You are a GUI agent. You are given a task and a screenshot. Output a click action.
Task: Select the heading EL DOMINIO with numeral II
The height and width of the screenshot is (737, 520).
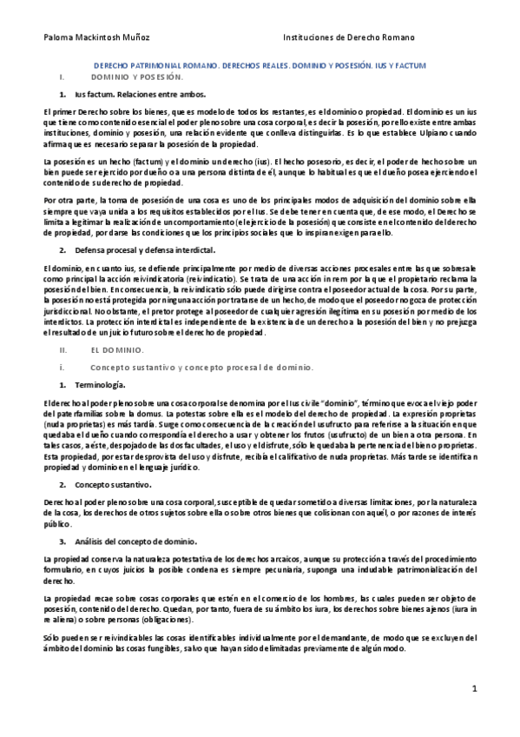[x=117, y=349]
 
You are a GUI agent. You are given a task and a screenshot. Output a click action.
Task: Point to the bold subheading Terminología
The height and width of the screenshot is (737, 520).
[x=101, y=384]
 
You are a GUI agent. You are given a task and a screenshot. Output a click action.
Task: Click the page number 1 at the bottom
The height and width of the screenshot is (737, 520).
[x=475, y=688]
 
